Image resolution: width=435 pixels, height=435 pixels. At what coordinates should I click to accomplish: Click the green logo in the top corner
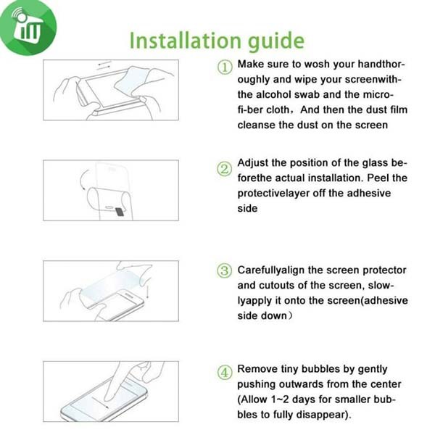tap(28, 28)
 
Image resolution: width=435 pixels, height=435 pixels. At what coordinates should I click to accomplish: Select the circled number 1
tap(225, 67)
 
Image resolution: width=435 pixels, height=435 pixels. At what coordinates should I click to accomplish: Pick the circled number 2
tap(224, 169)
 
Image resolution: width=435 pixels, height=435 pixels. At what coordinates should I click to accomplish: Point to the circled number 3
tap(224, 270)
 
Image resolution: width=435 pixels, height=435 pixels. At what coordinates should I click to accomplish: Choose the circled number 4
tap(225, 372)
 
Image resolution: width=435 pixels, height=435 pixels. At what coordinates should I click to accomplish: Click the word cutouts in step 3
tap(277, 286)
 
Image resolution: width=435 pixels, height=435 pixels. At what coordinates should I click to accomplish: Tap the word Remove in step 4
tap(257, 369)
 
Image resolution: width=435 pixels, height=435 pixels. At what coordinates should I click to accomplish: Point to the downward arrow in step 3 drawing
tap(148, 289)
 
